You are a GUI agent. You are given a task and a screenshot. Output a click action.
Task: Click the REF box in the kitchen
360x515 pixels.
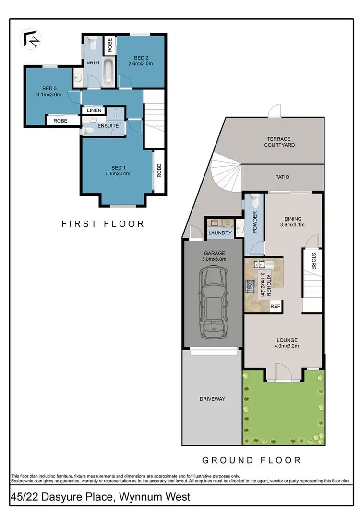[x=276, y=306]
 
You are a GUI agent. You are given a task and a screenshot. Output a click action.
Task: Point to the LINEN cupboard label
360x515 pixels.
[x=94, y=110]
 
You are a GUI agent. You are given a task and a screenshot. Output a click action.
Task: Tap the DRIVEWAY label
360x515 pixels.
[x=212, y=399]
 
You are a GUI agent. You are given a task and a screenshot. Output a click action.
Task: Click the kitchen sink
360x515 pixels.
[x=262, y=264]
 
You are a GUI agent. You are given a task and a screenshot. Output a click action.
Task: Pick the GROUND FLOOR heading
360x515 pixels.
[x=252, y=460]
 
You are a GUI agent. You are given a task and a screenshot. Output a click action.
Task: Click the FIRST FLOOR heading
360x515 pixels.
[x=102, y=223]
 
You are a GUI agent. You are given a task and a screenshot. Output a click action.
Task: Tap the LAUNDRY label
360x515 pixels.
[x=220, y=233]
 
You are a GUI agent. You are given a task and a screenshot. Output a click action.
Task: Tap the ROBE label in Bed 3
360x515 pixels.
[x=60, y=121]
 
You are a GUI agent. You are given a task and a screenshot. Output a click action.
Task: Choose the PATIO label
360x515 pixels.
[x=282, y=177]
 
